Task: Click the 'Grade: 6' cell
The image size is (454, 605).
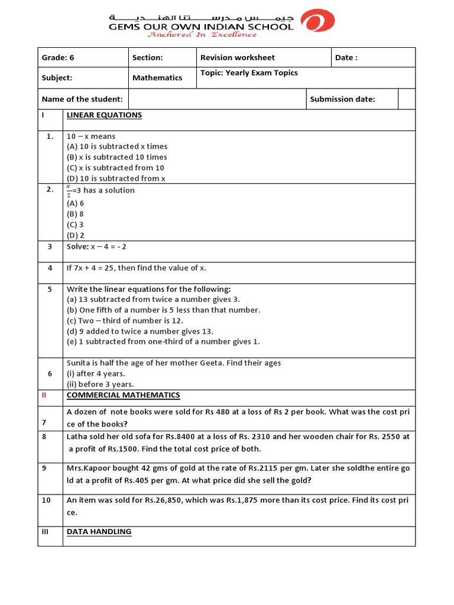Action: tap(58, 57)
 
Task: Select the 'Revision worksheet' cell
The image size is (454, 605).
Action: tap(237, 57)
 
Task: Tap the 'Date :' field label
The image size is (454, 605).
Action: tap(346, 57)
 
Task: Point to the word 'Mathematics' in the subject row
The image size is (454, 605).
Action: tap(157, 77)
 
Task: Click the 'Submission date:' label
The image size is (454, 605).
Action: tap(342, 99)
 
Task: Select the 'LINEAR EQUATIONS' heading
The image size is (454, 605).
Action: tap(104, 115)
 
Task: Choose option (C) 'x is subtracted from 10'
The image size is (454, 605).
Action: tap(116, 168)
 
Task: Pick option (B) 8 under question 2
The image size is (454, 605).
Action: tap(75, 214)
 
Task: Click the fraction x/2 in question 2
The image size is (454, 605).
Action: tap(69, 191)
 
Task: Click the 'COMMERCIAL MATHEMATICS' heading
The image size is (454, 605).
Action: tap(123, 395)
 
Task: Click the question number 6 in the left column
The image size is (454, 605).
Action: tap(50, 373)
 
